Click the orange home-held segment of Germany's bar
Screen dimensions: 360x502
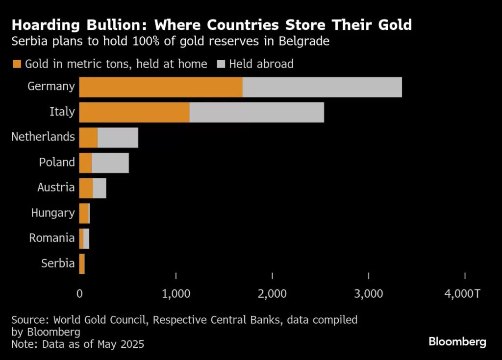pyautogui.click(x=160, y=87)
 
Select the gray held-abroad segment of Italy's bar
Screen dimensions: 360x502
pyautogui.click(x=256, y=113)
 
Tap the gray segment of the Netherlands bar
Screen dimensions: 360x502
pyautogui.click(x=118, y=138)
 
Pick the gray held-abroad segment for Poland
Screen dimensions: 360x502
pyautogui.click(x=110, y=163)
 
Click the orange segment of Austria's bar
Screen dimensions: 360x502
pyautogui.click(x=86, y=188)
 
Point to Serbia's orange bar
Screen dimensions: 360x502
pyautogui.click(x=82, y=264)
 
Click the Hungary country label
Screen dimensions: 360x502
pyautogui.click(x=53, y=213)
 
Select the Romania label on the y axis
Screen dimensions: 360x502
pyautogui.click(x=52, y=239)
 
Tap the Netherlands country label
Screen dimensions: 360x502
pyautogui.click(x=43, y=137)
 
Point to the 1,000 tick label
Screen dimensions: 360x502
pyautogui.click(x=176, y=294)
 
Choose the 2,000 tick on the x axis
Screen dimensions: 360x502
pyautogui.click(x=272, y=294)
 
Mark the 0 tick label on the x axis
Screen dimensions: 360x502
pyautogui.click(x=80, y=294)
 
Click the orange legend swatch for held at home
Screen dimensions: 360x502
pyautogui.click(x=17, y=64)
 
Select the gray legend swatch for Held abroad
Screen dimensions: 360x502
pyautogui.click(x=221, y=64)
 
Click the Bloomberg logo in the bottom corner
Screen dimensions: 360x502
pyautogui.click(x=457, y=342)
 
